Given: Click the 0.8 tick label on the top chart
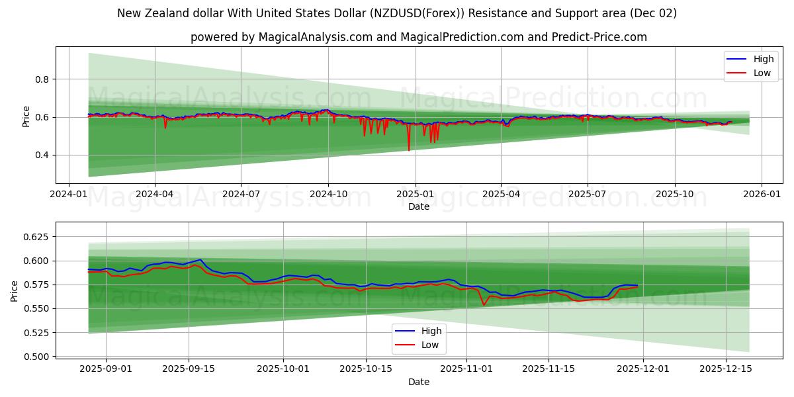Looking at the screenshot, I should point(42,79).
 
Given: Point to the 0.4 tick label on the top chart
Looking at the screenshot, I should point(42,155).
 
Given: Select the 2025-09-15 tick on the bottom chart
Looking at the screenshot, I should point(189,369).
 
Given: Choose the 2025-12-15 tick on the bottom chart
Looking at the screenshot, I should point(726,369).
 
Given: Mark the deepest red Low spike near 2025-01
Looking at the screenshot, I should point(408,150).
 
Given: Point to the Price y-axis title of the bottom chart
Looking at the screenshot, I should point(15,291).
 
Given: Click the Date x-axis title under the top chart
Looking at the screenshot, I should point(418,206).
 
